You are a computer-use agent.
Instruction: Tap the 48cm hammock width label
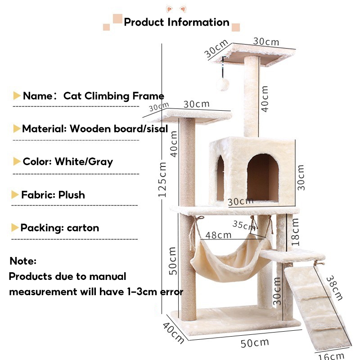pos(218,235)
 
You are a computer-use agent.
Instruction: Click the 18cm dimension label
pos(295,232)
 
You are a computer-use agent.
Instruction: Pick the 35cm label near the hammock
pos(244,225)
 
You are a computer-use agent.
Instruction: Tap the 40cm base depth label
pos(173,333)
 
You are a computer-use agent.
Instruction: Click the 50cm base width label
pos(255,343)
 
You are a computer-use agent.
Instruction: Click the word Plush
pos(71,195)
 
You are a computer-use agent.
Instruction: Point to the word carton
pos(83,228)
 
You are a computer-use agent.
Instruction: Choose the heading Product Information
pos(176,22)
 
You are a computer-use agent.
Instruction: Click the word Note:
pos(23,261)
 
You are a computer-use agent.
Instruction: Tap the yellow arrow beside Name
pos(17,96)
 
